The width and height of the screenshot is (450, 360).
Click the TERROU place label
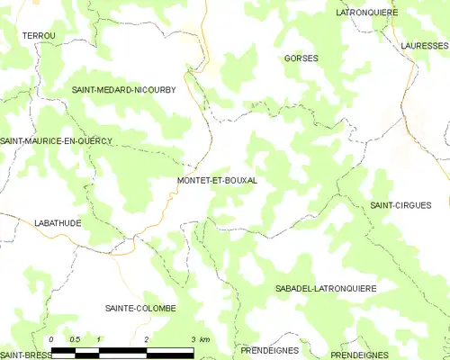pyautogui.click(x=39, y=34)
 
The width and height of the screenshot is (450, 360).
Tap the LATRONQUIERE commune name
pyautogui.click(x=366, y=13)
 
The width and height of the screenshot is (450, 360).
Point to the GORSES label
pyautogui.click(x=301, y=58)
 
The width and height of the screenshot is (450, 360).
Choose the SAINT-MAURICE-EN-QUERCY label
pyautogui.click(x=56, y=140)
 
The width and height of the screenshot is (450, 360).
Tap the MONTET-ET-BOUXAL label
pyautogui.click(x=217, y=180)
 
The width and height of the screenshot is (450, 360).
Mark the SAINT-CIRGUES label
pyautogui.click(x=400, y=205)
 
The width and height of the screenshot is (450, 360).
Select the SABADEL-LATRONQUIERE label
pyautogui.click(x=325, y=288)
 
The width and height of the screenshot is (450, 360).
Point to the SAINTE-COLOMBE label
pyautogui.click(x=141, y=308)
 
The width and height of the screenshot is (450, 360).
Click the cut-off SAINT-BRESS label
pyautogui.click(x=24, y=355)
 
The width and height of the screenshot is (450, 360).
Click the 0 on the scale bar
pyautogui.click(x=52, y=338)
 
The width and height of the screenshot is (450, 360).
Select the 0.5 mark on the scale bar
pyautogui.click(x=75, y=338)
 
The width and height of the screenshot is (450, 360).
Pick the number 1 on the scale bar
pyautogui.click(x=99, y=338)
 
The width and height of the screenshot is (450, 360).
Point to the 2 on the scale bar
pyautogui.click(x=146, y=338)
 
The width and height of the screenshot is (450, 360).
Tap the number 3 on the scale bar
pyautogui.click(x=192, y=338)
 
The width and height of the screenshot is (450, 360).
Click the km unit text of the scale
pyautogui.click(x=205, y=338)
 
